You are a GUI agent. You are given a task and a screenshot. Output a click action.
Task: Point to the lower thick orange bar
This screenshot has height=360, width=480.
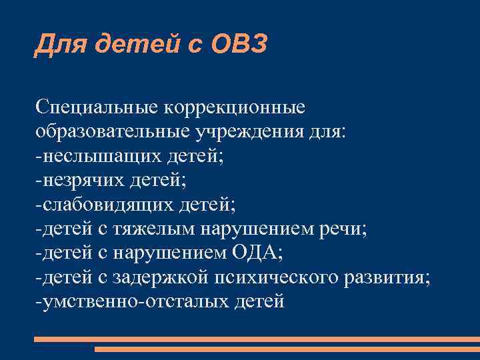tap(287, 348)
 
